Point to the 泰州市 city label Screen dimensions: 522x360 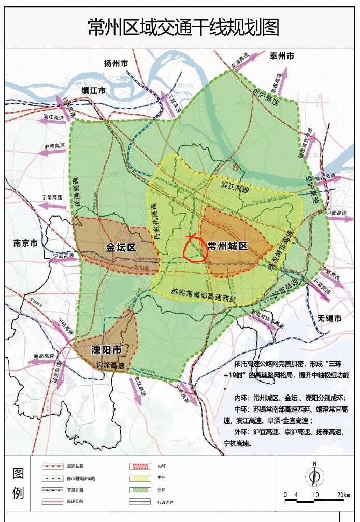point(282,55)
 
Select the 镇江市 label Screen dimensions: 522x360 point(93,90)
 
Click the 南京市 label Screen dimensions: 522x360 point(25,243)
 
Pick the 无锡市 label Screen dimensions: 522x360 point(330,318)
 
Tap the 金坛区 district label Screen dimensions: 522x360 point(121,247)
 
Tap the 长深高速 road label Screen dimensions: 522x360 point(110,365)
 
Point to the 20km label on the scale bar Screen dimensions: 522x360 point(343,495)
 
